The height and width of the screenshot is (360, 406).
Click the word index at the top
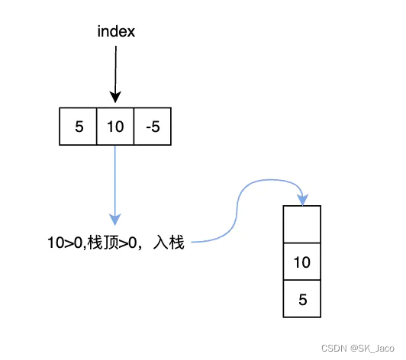pyautogui.click(x=115, y=32)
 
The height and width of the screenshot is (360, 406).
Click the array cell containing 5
pyautogui.click(x=79, y=127)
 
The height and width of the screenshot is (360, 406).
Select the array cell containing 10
pyautogui.click(x=115, y=127)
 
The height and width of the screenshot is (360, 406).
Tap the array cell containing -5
pyautogui.click(x=152, y=127)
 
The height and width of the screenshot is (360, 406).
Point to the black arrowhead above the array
pyautogui.click(x=115, y=97)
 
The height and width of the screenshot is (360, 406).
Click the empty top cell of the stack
pyautogui.click(x=303, y=224)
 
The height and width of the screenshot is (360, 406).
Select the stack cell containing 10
pyautogui.click(x=303, y=262)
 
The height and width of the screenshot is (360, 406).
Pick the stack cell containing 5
pyautogui.click(x=303, y=300)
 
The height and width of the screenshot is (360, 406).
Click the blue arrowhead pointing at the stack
pyautogui.click(x=303, y=200)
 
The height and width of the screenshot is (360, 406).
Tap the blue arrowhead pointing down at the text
pyautogui.click(x=115, y=218)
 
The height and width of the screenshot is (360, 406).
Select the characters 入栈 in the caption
pyautogui.click(x=169, y=243)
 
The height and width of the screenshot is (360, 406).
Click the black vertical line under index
pyautogui.click(x=115, y=69)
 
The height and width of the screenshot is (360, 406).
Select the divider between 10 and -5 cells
pyautogui.click(x=134, y=127)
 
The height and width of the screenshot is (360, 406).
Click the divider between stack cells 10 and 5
pyautogui.click(x=303, y=281)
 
